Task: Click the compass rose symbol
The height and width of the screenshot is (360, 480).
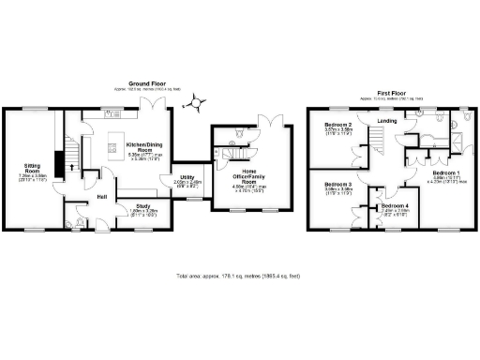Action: [x=196, y=97]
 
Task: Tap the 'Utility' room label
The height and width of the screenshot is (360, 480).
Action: [x=187, y=176]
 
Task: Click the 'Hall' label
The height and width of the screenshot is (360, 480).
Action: [x=100, y=195]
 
